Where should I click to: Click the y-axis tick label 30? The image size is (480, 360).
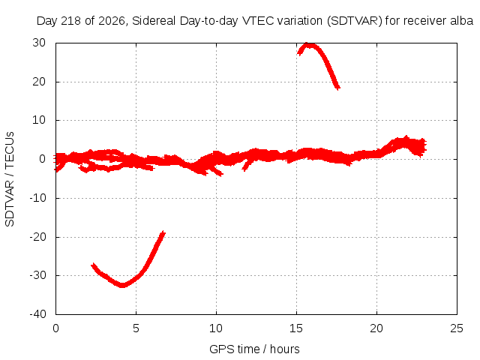pyautogui.click(x=39, y=43)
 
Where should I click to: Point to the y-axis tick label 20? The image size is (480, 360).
pyautogui.click(x=39, y=82)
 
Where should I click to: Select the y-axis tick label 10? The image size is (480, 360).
pyautogui.click(x=39, y=120)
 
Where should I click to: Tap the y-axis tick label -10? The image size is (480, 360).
pyautogui.click(x=37, y=198)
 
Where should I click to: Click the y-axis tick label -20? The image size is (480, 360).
pyautogui.click(x=37, y=237)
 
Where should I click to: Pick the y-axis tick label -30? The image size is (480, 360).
pyautogui.click(x=37, y=275)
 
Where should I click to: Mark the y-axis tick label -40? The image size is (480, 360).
pyautogui.click(x=37, y=314)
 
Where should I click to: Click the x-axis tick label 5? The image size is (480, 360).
pyautogui.click(x=136, y=328)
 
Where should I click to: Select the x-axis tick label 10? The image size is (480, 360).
pyautogui.click(x=216, y=328)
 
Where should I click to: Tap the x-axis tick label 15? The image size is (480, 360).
pyautogui.click(x=296, y=328)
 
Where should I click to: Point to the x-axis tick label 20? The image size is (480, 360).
pyautogui.click(x=376, y=328)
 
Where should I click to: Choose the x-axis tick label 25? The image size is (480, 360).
pyautogui.click(x=457, y=328)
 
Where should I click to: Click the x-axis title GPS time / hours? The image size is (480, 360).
pyautogui.click(x=254, y=349)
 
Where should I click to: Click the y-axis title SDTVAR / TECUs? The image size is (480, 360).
pyautogui.click(x=10, y=179)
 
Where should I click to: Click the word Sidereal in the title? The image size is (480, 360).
pyautogui.click(x=154, y=21)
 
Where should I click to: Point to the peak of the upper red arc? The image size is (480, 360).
pyautogui.click(x=308, y=45)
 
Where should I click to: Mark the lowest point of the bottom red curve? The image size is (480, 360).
pyautogui.click(x=122, y=286)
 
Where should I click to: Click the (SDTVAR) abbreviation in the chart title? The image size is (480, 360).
pyautogui.click(x=355, y=21)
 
